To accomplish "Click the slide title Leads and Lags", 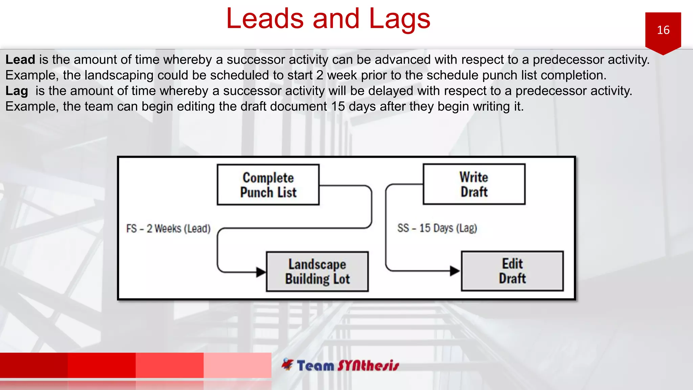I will tap(328, 19).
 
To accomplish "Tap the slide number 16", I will tap(663, 30).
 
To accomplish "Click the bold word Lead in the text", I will tap(20, 60).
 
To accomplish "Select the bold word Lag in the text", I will tap(17, 91).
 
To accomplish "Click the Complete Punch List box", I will tap(268, 185).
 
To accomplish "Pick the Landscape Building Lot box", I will tap(317, 272).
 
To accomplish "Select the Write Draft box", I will tap(474, 184).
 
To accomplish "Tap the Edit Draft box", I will tap(512, 271).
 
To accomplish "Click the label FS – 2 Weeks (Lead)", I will tap(168, 229).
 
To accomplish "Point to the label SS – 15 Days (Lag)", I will tap(437, 228).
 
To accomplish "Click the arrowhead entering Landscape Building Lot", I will tap(261, 272).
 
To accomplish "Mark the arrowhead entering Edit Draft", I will tap(455, 271).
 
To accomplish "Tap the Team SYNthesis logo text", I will tap(348, 366).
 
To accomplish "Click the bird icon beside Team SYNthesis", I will tap(288, 364).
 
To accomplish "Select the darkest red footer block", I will tap(34, 365).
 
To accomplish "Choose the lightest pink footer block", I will tap(237, 365).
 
